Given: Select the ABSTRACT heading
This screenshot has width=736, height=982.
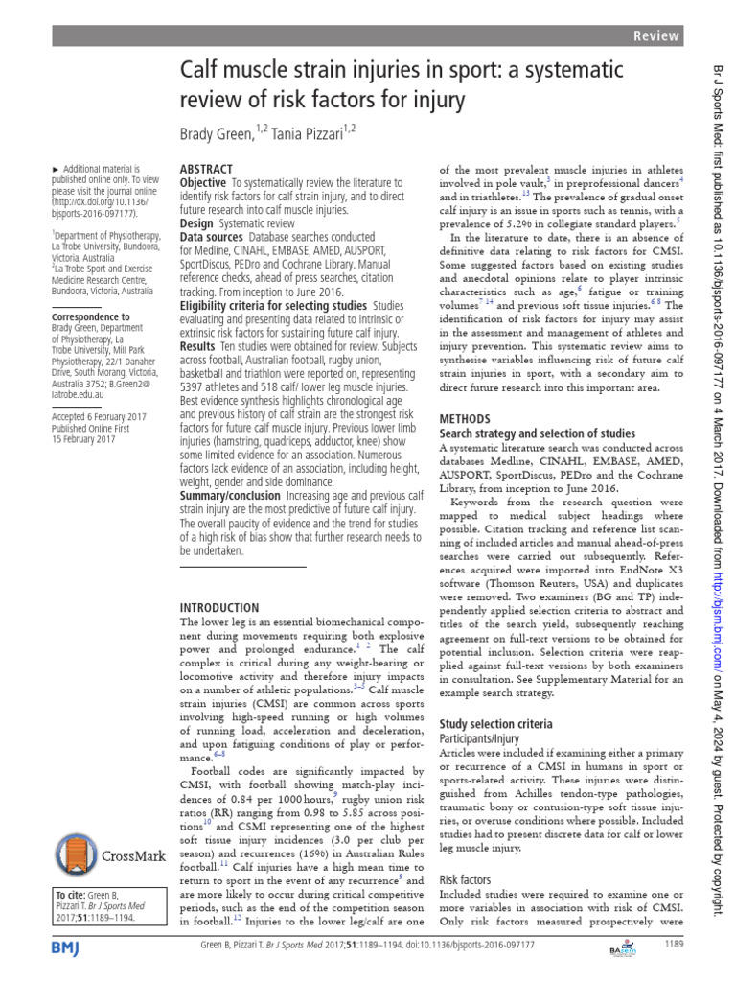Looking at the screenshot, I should (207, 168).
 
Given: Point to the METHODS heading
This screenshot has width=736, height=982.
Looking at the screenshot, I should (464, 419).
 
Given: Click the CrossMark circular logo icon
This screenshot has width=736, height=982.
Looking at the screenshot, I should (77, 855).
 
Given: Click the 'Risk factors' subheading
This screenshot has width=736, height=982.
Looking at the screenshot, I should (465, 878).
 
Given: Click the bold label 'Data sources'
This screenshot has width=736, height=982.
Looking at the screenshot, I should (212, 236).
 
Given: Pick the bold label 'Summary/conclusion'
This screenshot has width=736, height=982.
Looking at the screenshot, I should (237, 495).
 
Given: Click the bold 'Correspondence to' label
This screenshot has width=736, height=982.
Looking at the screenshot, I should (90, 316).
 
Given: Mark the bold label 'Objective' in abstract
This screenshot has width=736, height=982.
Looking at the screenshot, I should (203, 182).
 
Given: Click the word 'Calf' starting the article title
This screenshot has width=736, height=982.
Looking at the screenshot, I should (201, 71).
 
